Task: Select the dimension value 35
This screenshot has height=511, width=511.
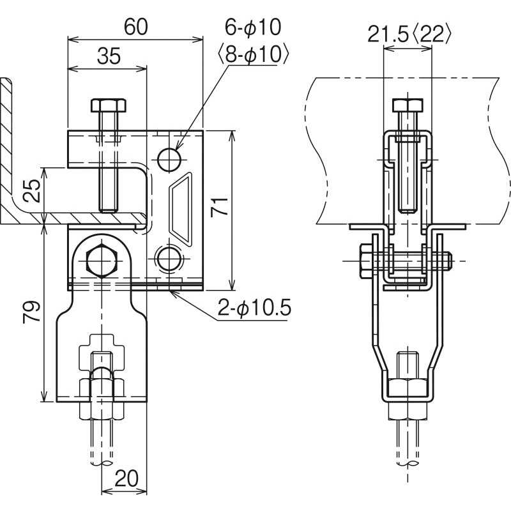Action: pos(109,57)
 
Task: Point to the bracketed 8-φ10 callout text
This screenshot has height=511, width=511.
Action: pos(254,54)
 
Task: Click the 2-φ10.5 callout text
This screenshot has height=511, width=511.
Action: pos(254,309)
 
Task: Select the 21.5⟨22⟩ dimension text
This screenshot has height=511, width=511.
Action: pos(409,34)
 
